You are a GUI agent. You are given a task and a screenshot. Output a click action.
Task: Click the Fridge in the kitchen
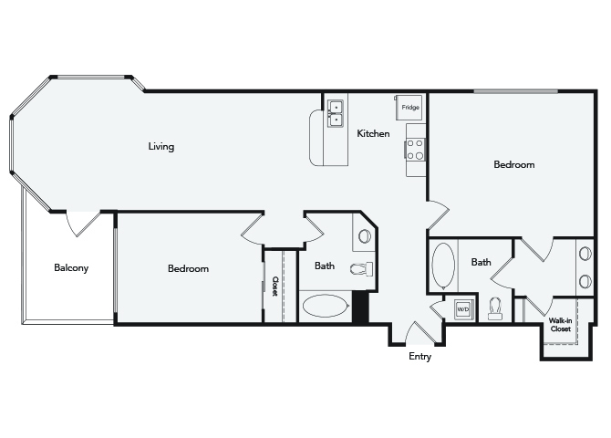(x=409, y=108)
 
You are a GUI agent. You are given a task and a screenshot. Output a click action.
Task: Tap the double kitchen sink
(x=335, y=113)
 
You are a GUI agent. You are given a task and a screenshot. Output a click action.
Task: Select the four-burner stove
(x=415, y=150)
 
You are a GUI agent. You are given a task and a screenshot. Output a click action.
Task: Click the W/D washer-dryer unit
(x=463, y=309)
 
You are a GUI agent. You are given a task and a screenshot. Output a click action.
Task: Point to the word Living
(x=161, y=147)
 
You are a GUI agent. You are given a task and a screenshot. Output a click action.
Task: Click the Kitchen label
(x=373, y=133)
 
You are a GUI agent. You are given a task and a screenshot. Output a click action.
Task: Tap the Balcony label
(x=71, y=268)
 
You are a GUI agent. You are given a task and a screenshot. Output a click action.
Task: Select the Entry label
(x=419, y=356)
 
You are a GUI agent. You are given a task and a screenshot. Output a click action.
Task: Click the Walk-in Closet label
(x=560, y=325)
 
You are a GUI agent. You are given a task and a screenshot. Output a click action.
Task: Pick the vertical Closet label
(x=274, y=287)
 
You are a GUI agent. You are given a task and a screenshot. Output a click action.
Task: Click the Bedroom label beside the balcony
(x=188, y=268)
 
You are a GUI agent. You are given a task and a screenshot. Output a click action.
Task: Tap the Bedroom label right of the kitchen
(x=514, y=164)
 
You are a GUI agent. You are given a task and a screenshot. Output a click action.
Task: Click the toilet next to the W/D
(x=495, y=308)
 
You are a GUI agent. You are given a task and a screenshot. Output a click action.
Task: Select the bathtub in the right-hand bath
(x=443, y=266)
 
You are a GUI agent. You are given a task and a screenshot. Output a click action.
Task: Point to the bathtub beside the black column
(x=325, y=306)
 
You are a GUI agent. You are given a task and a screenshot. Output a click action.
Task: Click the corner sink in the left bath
(x=365, y=236)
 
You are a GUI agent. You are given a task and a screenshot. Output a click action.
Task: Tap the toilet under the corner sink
(x=362, y=268)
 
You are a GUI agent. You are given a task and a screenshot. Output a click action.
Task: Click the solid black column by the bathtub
(x=360, y=307)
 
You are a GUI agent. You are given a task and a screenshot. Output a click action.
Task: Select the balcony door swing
(x=83, y=224)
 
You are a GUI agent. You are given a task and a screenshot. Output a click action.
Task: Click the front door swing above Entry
(x=420, y=333)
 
